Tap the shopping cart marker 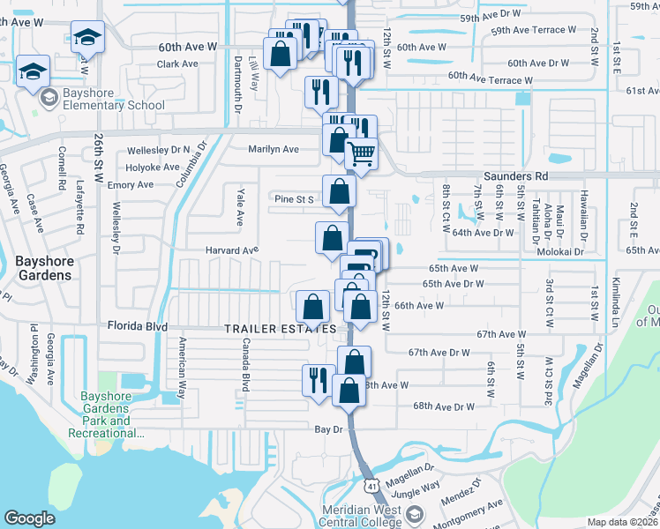coord(361,154)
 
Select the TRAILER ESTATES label coord(280,329)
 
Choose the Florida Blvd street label coord(138,326)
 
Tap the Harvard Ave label coord(233,250)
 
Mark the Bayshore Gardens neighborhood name coord(44,268)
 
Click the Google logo coord(29,518)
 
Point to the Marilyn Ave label coord(274,149)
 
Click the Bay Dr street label coord(328,428)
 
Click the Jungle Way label coord(416,487)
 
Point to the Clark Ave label coord(177,63)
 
